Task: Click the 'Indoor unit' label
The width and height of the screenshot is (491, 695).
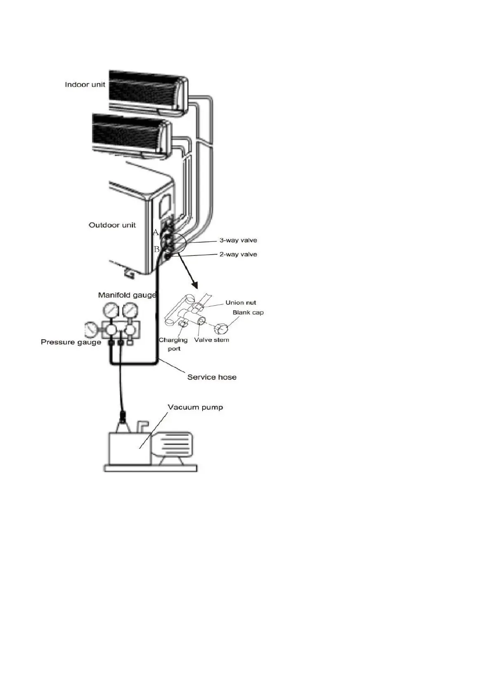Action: (x=85, y=85)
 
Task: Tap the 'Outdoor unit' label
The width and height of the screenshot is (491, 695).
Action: (x=112, y=225)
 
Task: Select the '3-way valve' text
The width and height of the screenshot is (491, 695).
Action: (x=238, y=240)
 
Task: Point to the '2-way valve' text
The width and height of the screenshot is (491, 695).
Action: (x=238, y=254)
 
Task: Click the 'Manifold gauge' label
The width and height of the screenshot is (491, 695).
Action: (x=127, y=295)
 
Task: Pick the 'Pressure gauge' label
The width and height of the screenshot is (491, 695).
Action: (x=71, y=342)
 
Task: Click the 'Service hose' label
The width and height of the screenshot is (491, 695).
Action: (x=212, y=377)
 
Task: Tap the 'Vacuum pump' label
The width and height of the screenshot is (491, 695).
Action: (x=195, y=407)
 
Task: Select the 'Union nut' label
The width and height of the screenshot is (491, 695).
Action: (x=241, y=303)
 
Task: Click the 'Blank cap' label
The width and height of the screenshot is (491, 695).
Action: (x=248, y=312)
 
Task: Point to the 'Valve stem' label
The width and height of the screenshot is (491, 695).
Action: (x=212, y=340)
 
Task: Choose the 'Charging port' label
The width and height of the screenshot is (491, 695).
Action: (x=173, y=344)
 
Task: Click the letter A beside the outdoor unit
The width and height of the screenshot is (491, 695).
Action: (x=156, y=232)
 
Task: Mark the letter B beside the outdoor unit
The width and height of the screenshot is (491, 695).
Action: (x=156, y=249)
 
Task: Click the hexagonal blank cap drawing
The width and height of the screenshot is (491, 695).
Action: (x=221, y=329)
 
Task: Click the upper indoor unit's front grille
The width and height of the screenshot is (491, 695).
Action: (x=142, y=88)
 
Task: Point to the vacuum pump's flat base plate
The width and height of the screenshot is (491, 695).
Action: (x=150, y=468)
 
